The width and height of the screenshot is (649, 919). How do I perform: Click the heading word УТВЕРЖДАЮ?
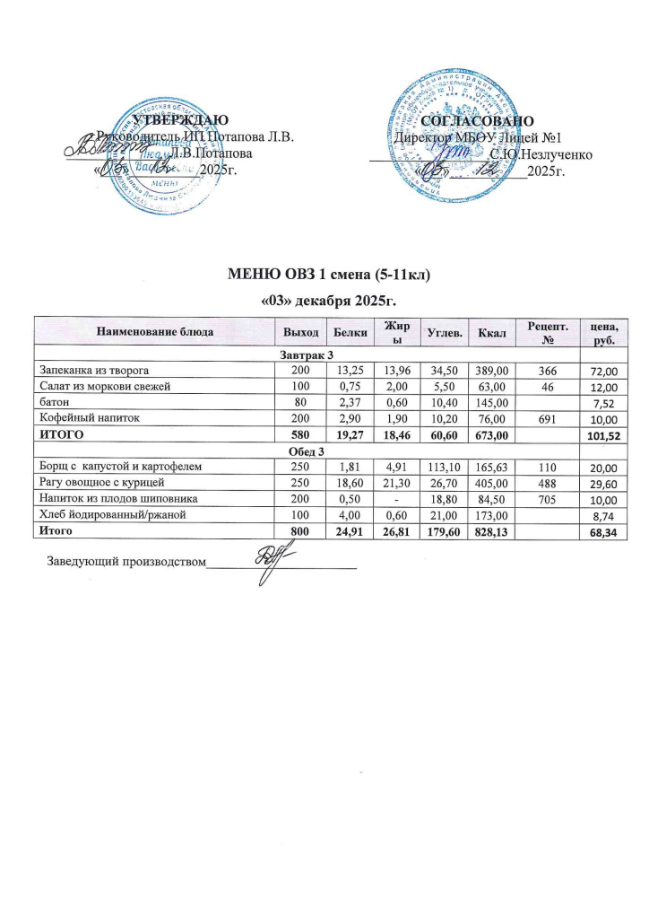tap(180, 120)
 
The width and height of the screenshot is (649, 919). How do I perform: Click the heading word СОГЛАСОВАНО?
tap(478, 120)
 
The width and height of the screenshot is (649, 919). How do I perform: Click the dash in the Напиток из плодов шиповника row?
tap(391, 499)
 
